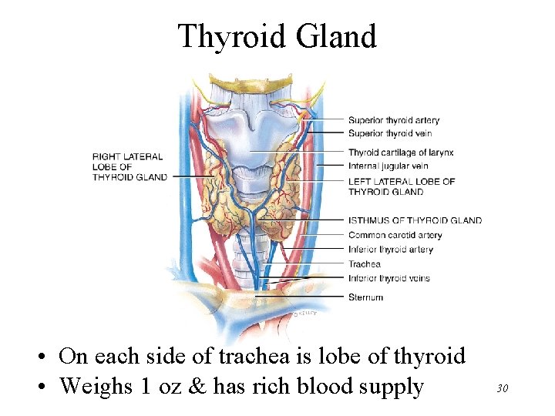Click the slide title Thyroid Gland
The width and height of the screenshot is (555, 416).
tap(277, 36)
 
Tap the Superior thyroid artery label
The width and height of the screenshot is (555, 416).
tap(393, 120)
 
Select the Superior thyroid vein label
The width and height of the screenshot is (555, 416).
tap(388, 134)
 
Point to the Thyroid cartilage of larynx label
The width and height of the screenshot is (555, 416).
tap(400, 153)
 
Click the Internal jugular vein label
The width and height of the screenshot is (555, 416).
tap(388, 166)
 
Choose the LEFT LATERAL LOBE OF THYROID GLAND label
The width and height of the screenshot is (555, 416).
tap(401, 186)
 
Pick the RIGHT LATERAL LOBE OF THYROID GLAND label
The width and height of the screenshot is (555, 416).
tap(129, 166)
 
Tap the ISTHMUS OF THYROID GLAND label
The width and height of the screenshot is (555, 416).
tap(415, 220)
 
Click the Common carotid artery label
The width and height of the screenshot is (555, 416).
tap(395, 235)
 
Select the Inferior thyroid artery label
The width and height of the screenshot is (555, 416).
tap(390, 250)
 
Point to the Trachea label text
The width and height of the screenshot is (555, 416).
tap(365, 264)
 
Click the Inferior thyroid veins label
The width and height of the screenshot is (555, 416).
tap(388, 278)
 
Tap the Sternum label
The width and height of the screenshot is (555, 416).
tap(365, 297)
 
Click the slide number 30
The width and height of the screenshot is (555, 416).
tap(502, 389)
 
